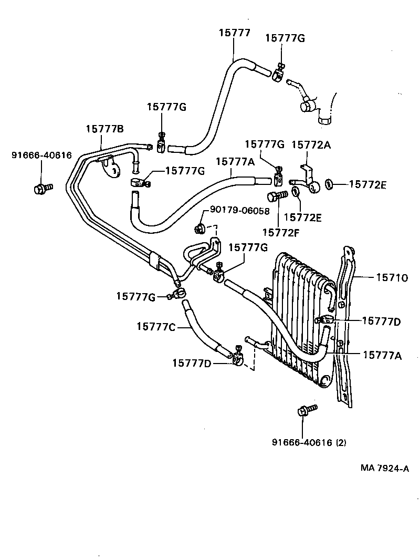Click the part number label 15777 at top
coord(234,33)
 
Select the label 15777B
coord(105,129)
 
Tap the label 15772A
coord(311,144)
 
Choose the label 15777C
coord(156,326)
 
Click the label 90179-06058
coord(239,211)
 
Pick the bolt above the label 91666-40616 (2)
coord(306,411)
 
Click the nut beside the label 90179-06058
coord(199,228)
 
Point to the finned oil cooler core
coord(299,315)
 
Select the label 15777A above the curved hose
coord(235,162)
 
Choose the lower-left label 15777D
coord(192,362)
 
